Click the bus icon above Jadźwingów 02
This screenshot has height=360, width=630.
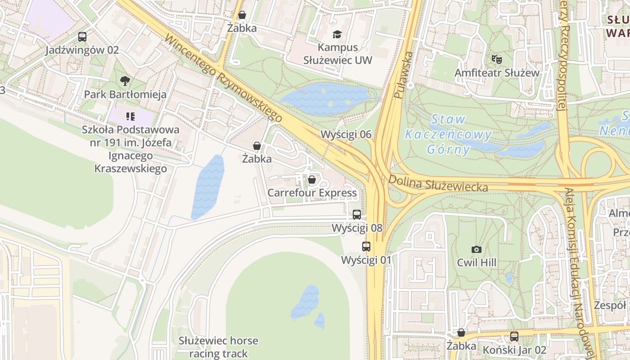click(x=82, y=37)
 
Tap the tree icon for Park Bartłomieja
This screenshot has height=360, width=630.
click(x=125, y=81)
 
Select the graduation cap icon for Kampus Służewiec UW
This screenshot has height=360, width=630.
click(x=337, y=34)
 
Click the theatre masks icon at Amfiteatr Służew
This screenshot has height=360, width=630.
click(x=497, y=59)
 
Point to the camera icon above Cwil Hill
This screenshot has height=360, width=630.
click(x=476, y=249)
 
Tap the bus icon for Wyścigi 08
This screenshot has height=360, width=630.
click(x=357, y=215)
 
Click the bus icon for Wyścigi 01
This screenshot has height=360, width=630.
click(x=366, y=247)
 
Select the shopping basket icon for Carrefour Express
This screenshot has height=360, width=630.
click(x=312, y=180)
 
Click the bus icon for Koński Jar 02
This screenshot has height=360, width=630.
click(x=514, y=336)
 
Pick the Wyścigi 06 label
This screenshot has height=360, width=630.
click(x=346, y=134)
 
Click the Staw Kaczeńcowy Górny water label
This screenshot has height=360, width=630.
click(x=448, y=134)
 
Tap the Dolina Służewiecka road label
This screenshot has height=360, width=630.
click(x=438, y=182)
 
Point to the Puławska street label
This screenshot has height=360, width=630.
click(x=403, y=75)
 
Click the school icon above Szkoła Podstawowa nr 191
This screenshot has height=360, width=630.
click(x=130, y=117)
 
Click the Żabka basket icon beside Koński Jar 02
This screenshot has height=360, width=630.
click(x=461, y=333)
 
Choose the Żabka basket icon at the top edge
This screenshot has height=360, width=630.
click(x=242, y=15)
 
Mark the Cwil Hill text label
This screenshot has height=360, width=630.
click(x=477, y=262)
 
